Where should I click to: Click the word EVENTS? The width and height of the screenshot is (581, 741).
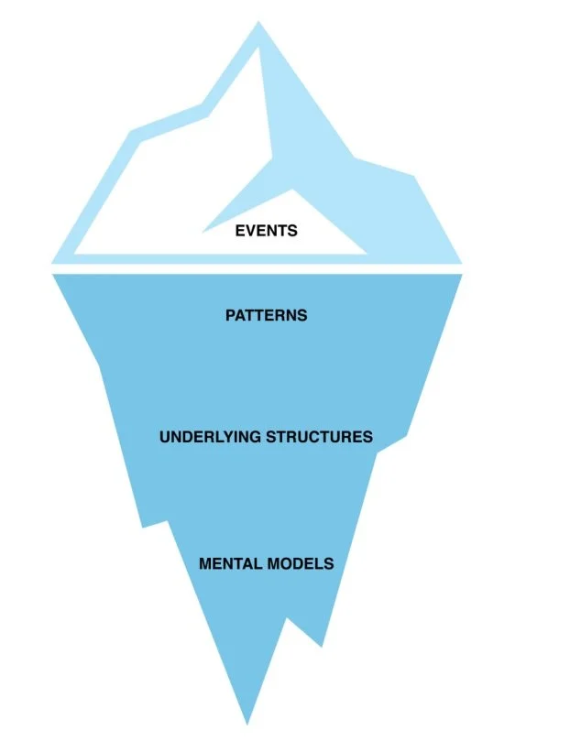click(x=266, y=231)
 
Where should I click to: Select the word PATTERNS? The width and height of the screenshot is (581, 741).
click(x=266, y=315)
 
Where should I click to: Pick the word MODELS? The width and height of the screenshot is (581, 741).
click(x=301, y=563)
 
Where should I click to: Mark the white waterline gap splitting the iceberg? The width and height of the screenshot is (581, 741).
click(x=257, y=268)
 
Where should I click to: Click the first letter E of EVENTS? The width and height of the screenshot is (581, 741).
click(x=240, y=231)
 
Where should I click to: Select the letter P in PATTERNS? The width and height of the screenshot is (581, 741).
click(x=230, y=315)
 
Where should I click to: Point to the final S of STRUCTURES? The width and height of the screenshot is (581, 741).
click(x=367, y=437)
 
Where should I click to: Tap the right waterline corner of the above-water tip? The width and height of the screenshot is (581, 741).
click(x=461, y=262)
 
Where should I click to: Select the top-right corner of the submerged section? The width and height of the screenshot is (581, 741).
click(x=461, y=275)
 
